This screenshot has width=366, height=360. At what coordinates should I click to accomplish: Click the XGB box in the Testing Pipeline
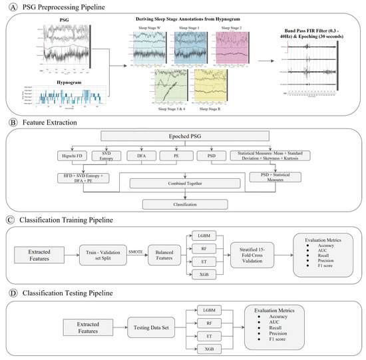(209, 349)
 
